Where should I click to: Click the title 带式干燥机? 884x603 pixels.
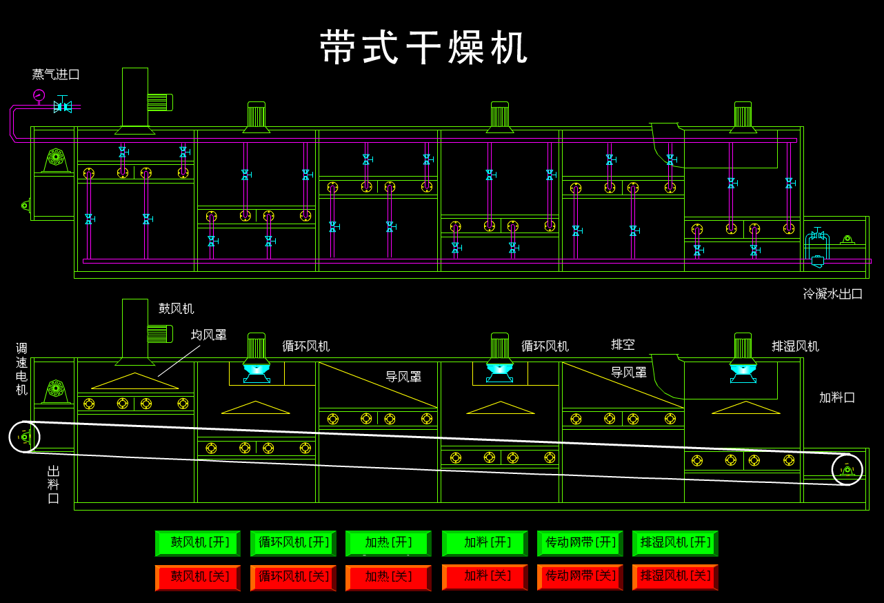424,48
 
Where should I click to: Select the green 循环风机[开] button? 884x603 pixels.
293,543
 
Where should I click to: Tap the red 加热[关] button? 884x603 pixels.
388,577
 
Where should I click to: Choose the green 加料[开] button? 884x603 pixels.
485,543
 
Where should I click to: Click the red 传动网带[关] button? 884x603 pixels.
580,577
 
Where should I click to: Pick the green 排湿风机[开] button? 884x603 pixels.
675,543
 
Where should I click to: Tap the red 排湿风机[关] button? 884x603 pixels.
675,577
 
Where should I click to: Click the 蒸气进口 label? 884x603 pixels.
56,75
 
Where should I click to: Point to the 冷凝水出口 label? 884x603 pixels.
832,294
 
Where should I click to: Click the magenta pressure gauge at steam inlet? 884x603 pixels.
39,95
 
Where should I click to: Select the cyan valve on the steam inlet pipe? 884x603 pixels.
63,106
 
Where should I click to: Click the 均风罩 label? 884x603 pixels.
209,335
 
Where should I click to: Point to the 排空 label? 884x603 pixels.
623,344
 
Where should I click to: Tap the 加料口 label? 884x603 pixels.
837,397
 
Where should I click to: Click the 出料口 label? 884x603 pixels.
54,484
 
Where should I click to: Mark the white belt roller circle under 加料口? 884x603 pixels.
847,470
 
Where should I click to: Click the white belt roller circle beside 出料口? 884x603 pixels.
24,437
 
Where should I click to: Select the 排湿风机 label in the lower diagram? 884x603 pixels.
795,346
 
